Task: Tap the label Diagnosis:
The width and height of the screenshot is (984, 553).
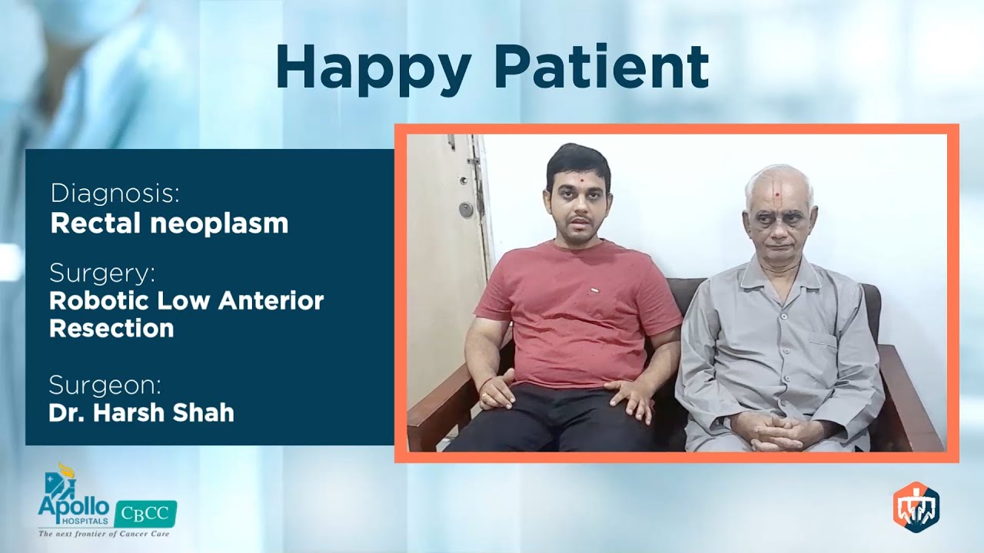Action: point(115,194)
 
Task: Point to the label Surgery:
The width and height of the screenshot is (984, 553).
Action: point(102,273)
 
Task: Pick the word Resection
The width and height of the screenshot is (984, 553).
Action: point(111,329)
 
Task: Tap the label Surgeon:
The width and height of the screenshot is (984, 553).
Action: point(105,384)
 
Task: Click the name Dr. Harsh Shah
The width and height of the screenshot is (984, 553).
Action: point(141,413)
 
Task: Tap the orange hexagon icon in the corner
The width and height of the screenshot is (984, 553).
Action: point(916,505)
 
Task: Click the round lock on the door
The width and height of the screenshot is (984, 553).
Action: point(466,210)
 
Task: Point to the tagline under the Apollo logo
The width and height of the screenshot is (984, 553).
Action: point(104,532)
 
